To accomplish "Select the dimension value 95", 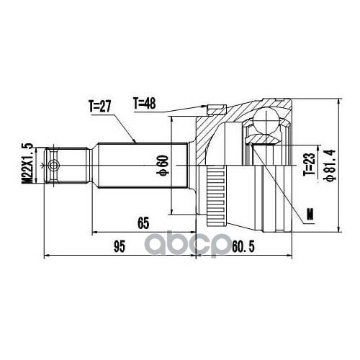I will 120,247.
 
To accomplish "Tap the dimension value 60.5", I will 243,247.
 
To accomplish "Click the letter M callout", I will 310,214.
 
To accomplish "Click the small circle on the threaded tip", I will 53,166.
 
